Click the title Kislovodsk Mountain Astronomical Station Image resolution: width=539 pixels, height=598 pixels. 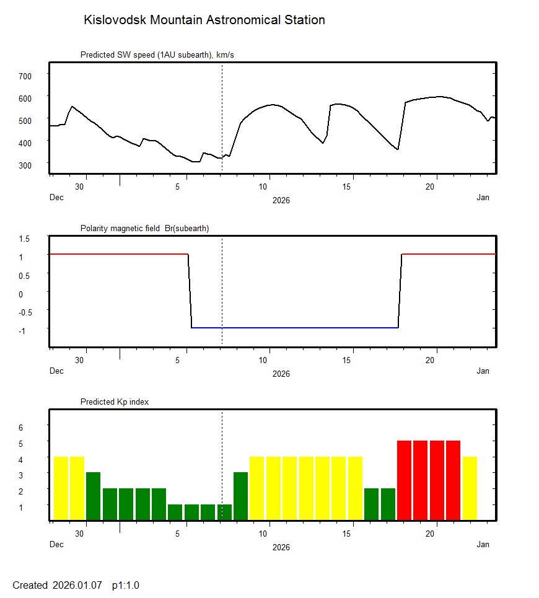point(204,20)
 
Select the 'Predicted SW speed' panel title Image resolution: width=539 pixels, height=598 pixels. point(157,55)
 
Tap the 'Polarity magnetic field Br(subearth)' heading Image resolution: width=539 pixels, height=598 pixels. point(144,229)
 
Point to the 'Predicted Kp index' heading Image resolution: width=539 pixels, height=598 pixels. point(115,402)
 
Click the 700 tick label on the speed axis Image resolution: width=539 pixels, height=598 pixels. point(25,76)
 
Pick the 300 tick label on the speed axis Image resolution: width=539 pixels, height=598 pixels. point(25,165)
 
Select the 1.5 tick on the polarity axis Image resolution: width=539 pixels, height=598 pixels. point(25,239)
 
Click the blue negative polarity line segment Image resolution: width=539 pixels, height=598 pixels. point(294,328)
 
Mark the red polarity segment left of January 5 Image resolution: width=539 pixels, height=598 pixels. point(118,254)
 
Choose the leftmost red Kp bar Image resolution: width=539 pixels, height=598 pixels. point(404,480)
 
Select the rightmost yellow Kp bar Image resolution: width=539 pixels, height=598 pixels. point(470,488)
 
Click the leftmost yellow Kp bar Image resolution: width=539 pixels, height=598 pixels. point(61,488)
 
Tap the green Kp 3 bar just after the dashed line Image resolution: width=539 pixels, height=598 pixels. point(240,496)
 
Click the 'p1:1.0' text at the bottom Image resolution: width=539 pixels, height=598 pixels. point(126,586)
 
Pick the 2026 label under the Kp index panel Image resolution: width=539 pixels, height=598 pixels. point(281,547)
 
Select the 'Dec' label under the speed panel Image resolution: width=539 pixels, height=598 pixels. point(56,198)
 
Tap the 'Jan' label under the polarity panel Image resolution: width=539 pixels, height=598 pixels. point(483,371)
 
